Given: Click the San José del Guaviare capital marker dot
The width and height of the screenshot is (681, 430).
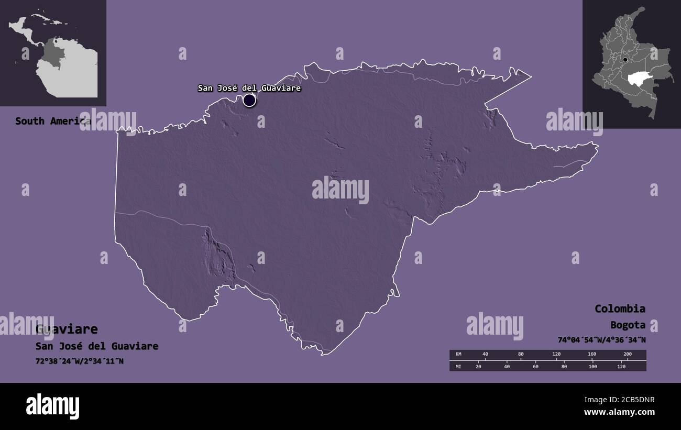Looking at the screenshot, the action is [249, 100].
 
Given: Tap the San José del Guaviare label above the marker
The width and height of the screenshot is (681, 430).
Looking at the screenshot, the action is [249, 88].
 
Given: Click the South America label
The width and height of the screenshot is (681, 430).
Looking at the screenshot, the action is [52, 121].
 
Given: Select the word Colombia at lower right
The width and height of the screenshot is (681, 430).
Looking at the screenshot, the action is [620, 308].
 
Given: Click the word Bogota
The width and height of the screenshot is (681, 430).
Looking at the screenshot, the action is [628, 325].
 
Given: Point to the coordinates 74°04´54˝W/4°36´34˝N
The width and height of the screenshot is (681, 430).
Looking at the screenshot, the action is [601, 340].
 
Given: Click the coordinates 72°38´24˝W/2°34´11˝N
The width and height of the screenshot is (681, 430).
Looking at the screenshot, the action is [80, 361].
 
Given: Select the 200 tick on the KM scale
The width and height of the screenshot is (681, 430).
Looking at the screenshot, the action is [628, 355].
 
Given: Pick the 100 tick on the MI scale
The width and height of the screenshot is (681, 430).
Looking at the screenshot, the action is [592, 366].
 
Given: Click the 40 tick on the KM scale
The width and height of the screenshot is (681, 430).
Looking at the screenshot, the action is [485, 355].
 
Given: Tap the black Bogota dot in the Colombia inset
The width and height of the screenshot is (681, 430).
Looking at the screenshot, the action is [625, 60].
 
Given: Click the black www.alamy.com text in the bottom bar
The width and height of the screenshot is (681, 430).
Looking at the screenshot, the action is [619, 412].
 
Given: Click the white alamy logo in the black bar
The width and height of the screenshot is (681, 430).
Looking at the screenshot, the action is [52, 406].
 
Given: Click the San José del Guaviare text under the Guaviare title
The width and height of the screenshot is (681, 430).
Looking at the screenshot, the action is [97, 346].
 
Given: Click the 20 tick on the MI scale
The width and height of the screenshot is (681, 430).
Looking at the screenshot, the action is [478, 366].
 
